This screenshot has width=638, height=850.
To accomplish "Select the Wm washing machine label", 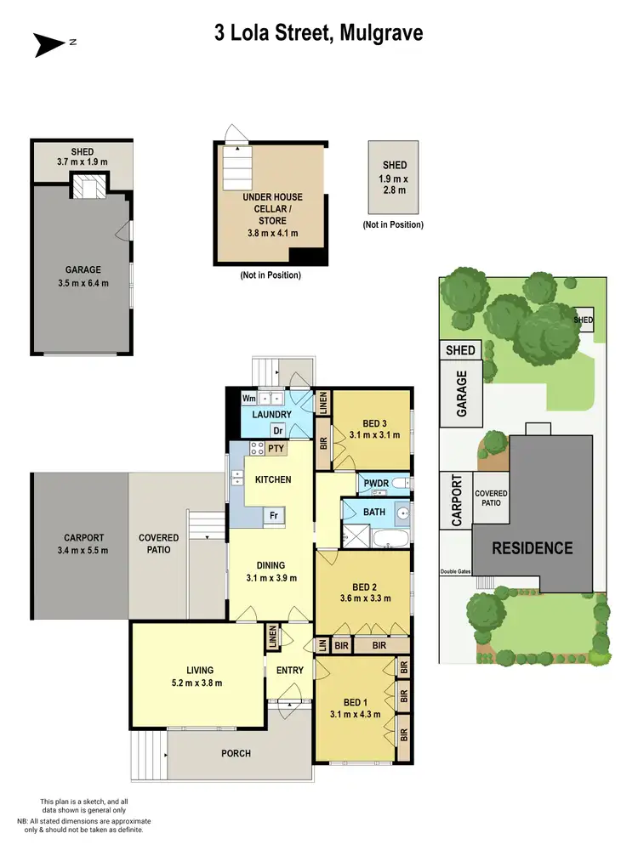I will pyautogui.click(x=249, y=398).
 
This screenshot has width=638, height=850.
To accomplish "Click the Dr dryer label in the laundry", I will pyautogui.click(x=277, y=430).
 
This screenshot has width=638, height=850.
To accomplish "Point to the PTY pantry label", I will pyautogui.click(x=276, y=448).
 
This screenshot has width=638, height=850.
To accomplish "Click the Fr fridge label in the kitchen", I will pyautogui.click(x=275, y=515).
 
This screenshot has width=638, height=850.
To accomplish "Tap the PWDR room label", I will pyautogui.click(x=375, y=483).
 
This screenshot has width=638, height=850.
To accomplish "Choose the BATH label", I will pyautogui.click(x=374, y=513).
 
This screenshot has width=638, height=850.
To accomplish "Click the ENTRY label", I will pyautogui.click(x=289, y=671).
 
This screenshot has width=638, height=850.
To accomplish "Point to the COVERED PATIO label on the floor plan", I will pyautogui.click(x=158, y=543).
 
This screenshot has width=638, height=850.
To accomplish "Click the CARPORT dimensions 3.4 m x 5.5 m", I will pyautogui.click(x=83, y=549).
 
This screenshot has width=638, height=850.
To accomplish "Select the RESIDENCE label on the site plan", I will pyautogui.click(x=533, y=548).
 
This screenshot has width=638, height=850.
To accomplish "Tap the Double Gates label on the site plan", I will pyautogui.click(x=455, y=571).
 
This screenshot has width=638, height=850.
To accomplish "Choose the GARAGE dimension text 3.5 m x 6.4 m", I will pyautogui.click(x=82, y=282).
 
